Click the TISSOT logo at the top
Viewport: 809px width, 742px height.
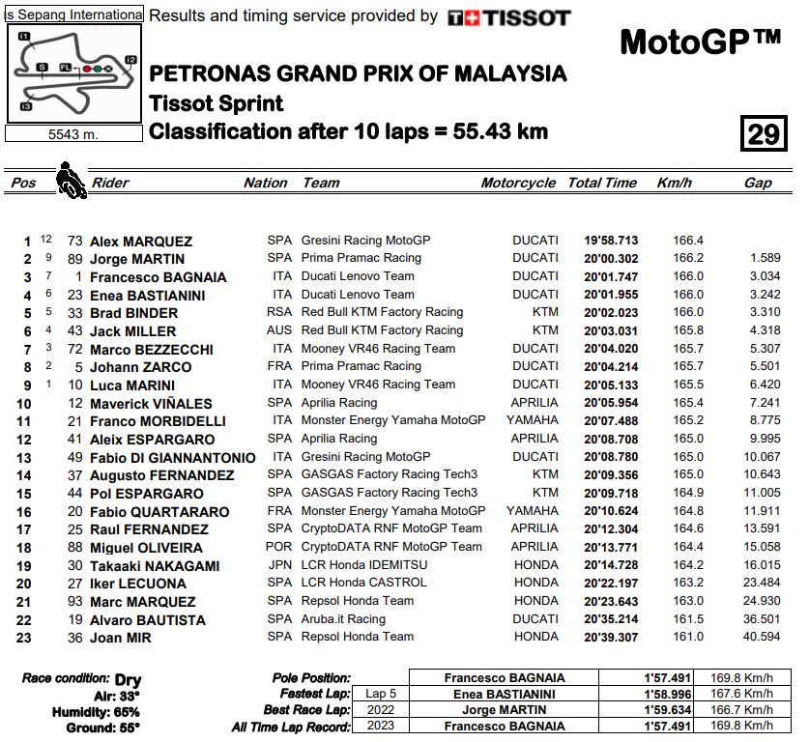coord(509,17)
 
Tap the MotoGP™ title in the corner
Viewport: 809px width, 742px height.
coord(700,43)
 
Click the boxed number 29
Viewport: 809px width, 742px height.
coord(764,132)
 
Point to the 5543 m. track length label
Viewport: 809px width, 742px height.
coord(73,134)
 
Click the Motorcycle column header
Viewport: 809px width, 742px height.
coord(518,183)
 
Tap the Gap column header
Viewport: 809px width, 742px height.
coord(758,183)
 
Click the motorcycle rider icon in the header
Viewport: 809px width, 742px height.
coord(71,180)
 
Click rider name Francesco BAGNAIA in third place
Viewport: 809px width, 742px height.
coord(158,277)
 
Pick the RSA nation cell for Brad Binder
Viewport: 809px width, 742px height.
coord(279,312)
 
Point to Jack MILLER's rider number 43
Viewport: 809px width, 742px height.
coord(74,331)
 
